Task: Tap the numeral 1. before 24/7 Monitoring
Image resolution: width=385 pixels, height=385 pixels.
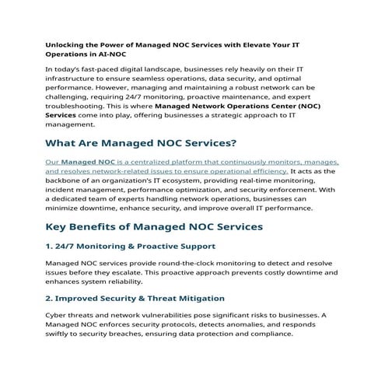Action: point(50,247)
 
